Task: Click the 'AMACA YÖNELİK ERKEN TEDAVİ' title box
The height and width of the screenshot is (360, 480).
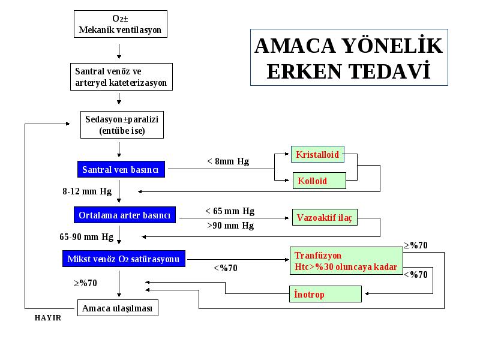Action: pos(349,57)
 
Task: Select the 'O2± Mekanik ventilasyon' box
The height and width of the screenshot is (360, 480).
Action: pos(121,24)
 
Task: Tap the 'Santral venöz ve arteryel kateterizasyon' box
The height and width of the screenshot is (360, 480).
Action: pos(121,77)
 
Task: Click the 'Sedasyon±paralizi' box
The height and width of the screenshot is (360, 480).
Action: pos(122,125)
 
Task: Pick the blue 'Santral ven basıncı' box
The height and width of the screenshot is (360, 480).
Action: pos(121,169)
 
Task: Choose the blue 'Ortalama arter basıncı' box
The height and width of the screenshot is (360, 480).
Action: pos(125,215)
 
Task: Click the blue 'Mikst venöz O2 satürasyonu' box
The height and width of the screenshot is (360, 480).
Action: pos(124,259)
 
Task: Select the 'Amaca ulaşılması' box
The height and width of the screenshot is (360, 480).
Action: pos(118,308)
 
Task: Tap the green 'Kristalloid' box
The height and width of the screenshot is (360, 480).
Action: pos(317,154)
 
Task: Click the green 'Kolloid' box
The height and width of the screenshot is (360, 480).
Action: pos(319,181)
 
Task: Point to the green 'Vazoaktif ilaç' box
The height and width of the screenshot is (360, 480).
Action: pos(325,217)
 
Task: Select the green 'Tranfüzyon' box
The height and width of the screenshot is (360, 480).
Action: pos(346,261)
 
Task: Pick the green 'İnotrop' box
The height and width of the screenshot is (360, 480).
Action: pos(325,294)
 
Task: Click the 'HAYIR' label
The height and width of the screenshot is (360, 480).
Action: pos(48,318)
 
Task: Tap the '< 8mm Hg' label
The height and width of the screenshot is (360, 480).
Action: pos(228,161)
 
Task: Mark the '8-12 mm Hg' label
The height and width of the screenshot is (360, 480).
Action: pos(87,191)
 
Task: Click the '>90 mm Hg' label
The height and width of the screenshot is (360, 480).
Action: pos(230,226)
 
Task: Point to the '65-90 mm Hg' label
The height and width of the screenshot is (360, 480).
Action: pos(86,237)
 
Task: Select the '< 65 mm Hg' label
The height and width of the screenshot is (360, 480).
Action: pos(230,211)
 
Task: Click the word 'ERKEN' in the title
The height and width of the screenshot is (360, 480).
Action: pos(304,71)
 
